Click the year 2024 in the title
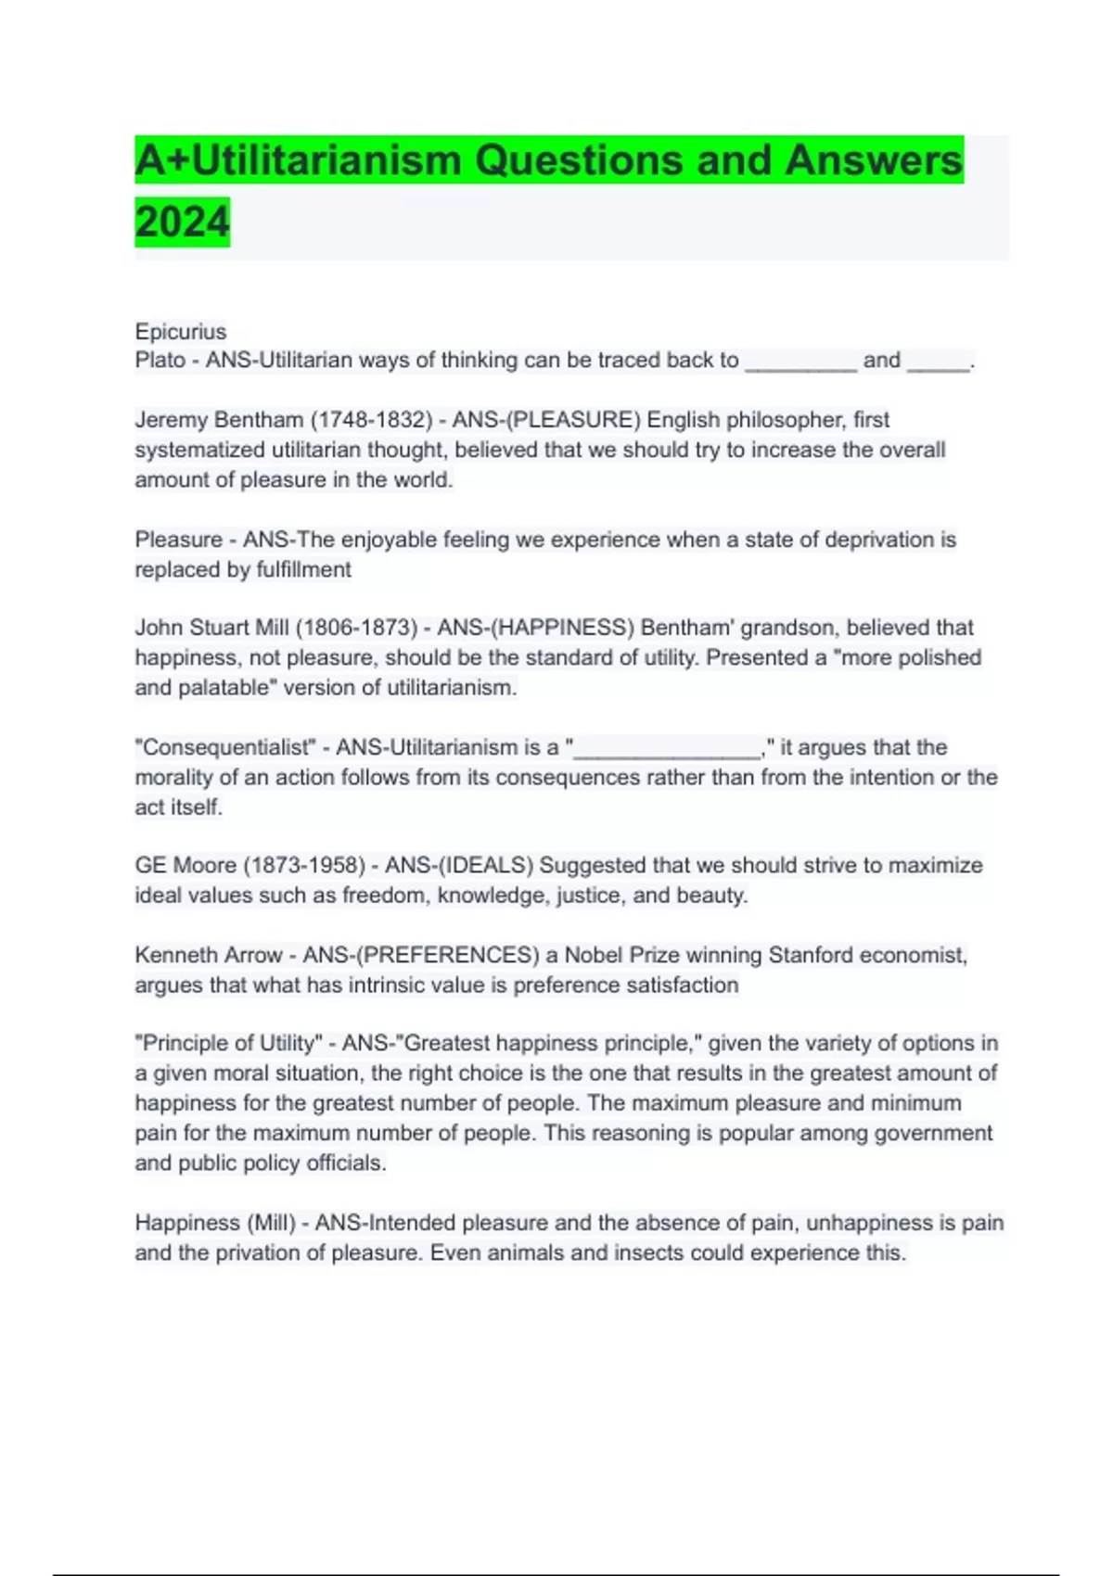tap(182, 222)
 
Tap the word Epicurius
tap(180, 332)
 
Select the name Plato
tap(160, 361)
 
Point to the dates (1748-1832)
tap(371, 420)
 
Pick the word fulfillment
tap(302, 570)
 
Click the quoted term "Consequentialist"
tap(225, 747)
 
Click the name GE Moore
tap(185, 866)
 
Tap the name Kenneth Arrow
tap(209, 956)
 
